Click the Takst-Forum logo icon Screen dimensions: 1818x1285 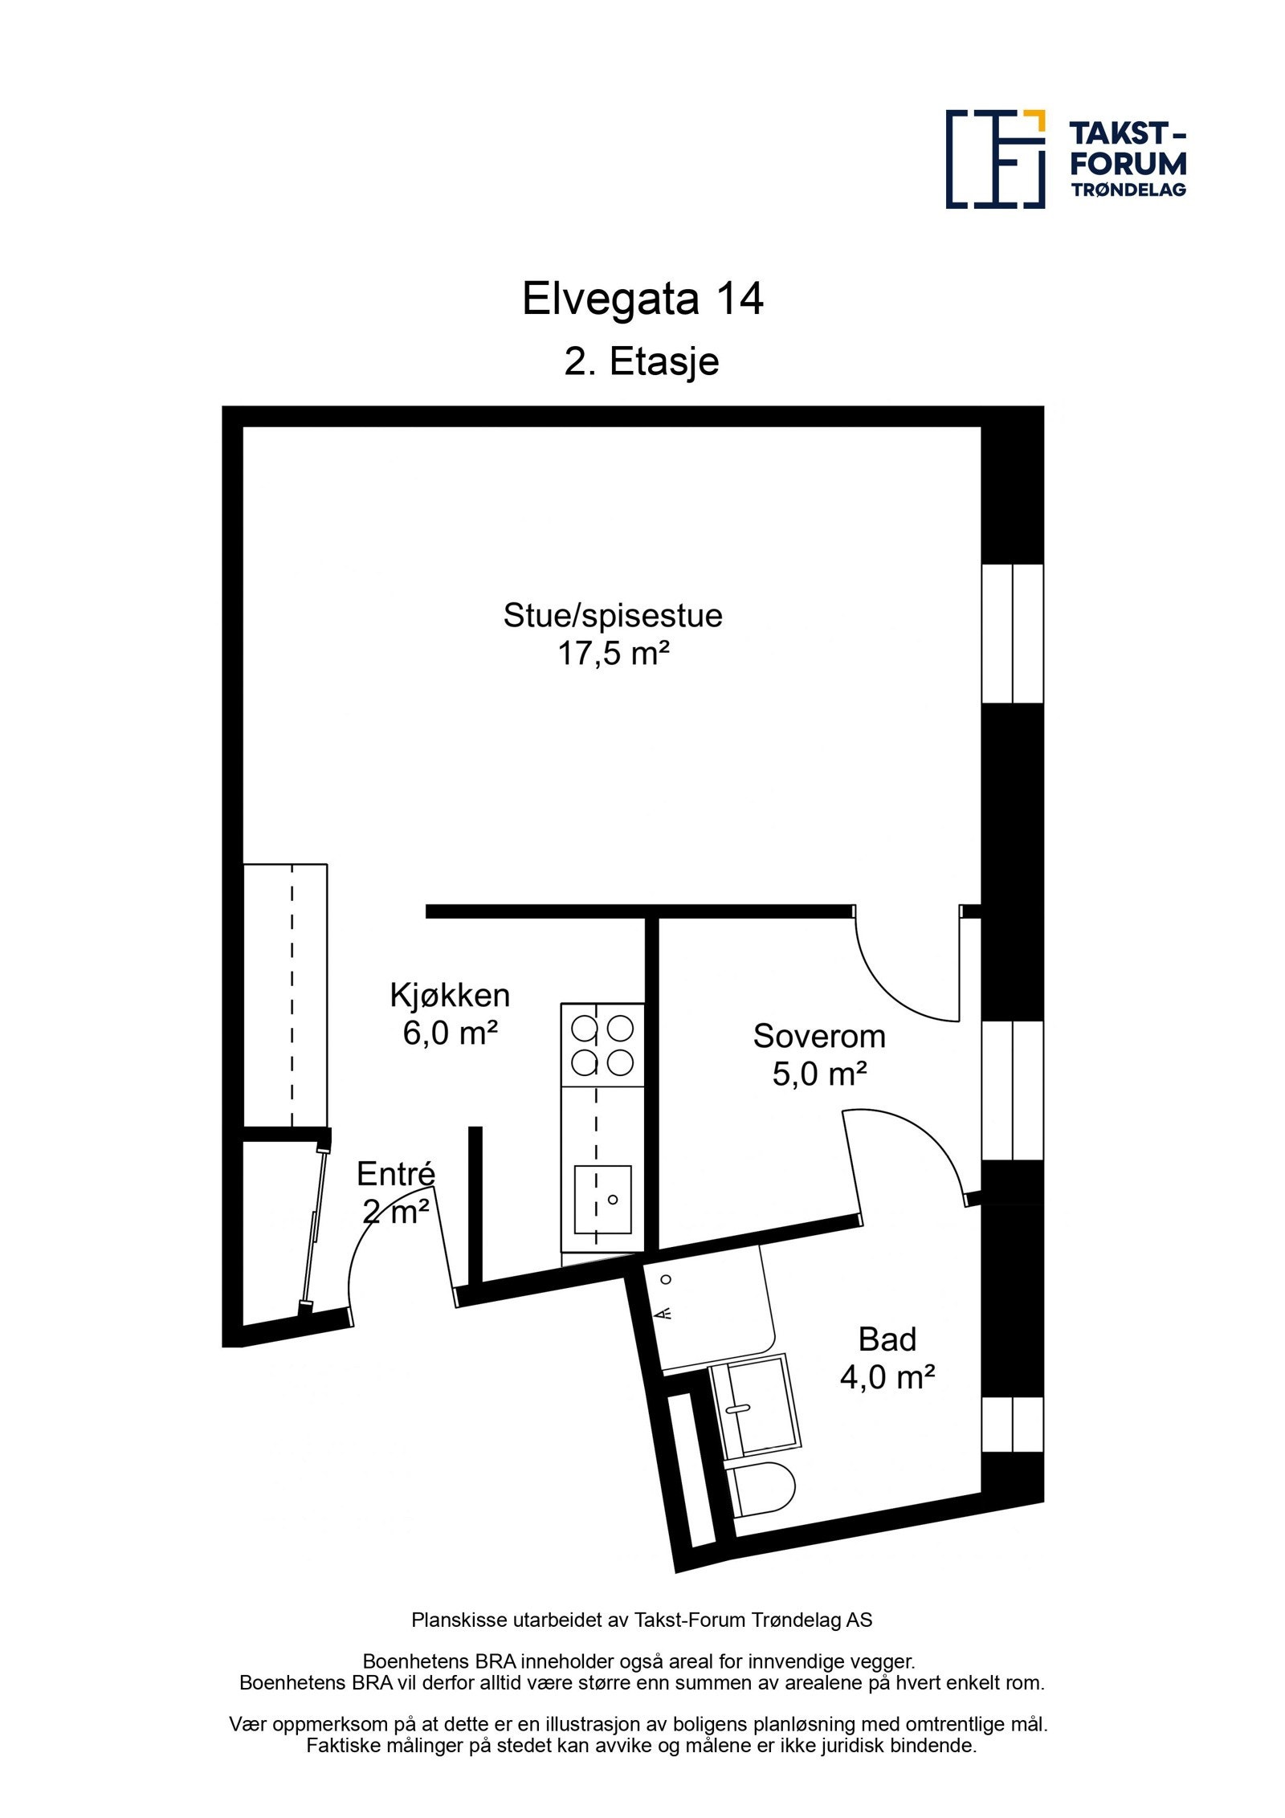point(995,159)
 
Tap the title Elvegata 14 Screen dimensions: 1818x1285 point(642,300)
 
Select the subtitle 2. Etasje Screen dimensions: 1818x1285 point(641,362)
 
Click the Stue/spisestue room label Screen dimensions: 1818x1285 point(612,616)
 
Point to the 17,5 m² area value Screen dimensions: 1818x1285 point(614,654)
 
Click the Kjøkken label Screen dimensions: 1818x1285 point(450,996)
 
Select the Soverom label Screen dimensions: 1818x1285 point(818,1037)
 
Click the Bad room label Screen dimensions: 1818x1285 point(887,1339)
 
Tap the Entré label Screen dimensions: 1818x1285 point(395,1174)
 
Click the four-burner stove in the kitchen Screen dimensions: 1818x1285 point(602,1045)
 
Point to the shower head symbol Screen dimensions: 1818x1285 point(664,1314)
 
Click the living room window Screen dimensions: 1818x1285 point(1013,634)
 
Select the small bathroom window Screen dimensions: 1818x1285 point(1013,1424)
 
